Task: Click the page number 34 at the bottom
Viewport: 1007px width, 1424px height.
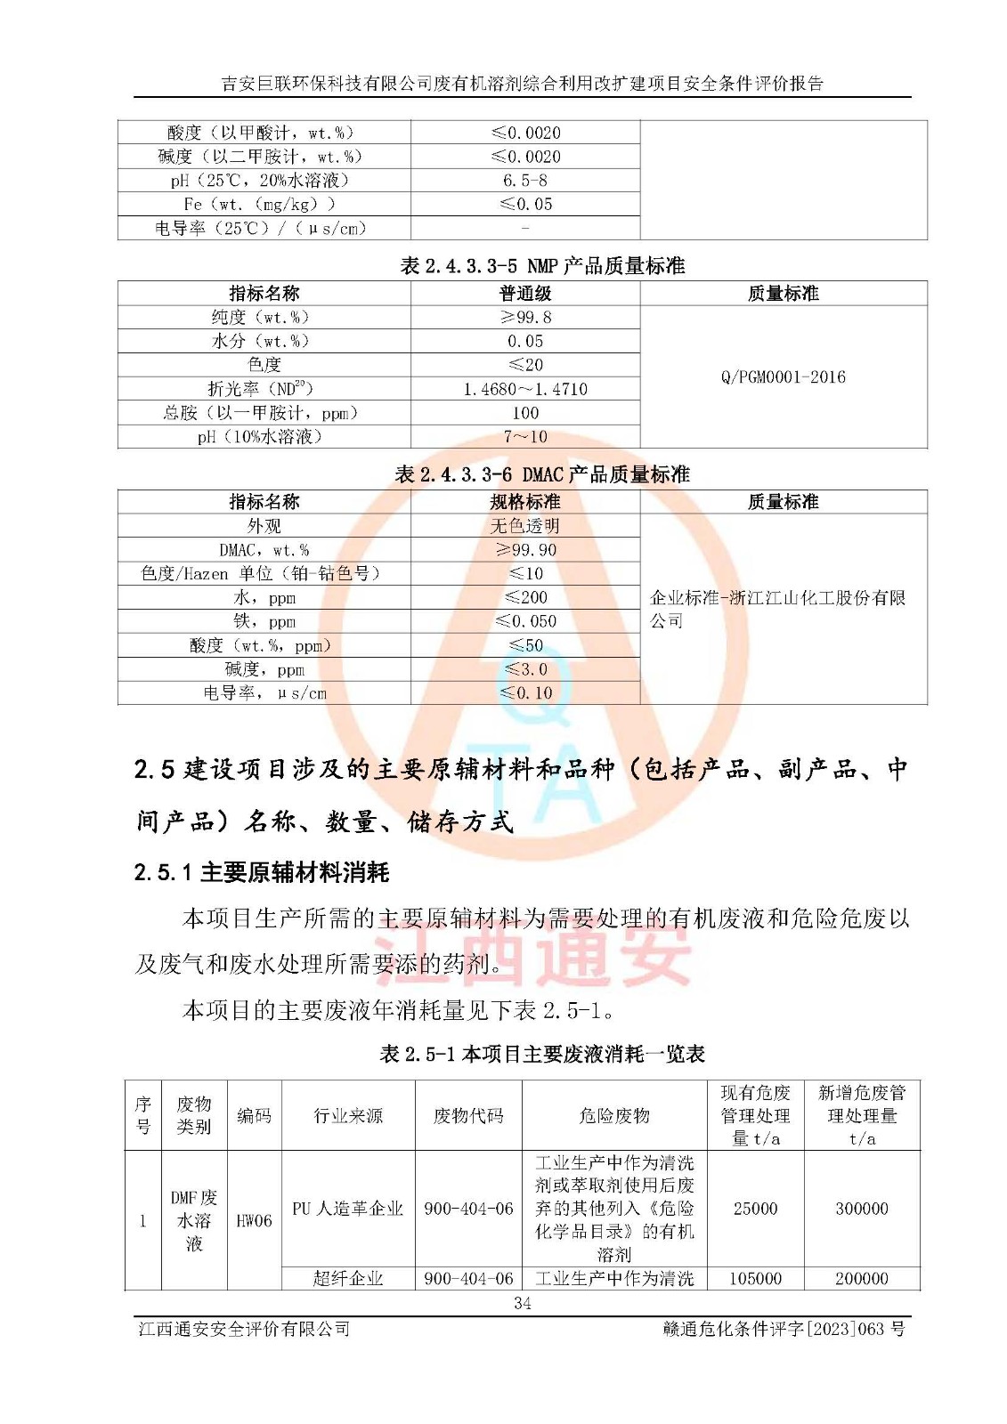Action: click(x=523, y=1303)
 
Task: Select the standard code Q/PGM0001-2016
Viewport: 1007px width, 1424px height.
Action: click(x=783, y=376)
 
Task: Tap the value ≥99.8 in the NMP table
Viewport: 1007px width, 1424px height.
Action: click(x=525, y=317)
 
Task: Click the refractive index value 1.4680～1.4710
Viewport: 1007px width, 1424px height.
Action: click(x=525, y=389)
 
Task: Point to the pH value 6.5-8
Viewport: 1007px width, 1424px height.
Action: click(x=525, y=180)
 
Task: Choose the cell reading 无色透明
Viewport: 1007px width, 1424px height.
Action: click(x=525, y=526)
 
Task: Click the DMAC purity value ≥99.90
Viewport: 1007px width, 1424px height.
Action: click(x=525, y=550)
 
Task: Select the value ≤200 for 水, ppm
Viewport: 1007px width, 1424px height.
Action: click(x=525, y=597)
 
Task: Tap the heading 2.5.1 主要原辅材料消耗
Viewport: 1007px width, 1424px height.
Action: click(x=262, y=872)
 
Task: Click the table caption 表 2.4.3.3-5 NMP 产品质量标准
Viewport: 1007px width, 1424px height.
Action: click(x=542, y=265)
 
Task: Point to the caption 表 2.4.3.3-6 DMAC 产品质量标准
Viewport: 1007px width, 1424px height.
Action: click(x=542, y=474)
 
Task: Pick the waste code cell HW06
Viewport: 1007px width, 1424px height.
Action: click(x=254, y=1220)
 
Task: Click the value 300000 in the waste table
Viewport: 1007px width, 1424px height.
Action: click(x=861, y=1208)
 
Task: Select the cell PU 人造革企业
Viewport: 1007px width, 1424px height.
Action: click(x=347, y=1208)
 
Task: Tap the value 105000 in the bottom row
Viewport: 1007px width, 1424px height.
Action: click(x=755, y=1278)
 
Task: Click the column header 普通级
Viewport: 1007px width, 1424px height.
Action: click(x=525, y=293)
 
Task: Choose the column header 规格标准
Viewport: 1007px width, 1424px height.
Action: click(x=525, y=502)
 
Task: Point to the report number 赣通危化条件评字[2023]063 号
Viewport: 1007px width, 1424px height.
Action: click(x=784, y=1329)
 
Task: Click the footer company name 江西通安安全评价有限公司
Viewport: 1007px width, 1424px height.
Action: click(x=244, y=1329)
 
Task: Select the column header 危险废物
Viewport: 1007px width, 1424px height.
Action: click(x=614, y=1115)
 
